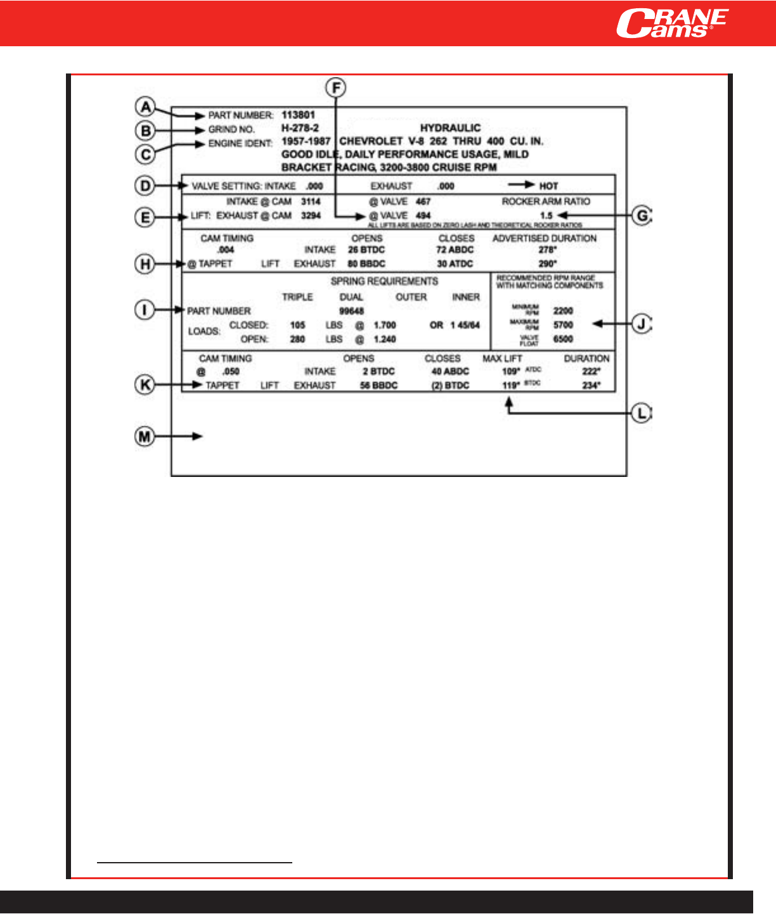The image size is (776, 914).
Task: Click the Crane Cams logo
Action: pos(671,23)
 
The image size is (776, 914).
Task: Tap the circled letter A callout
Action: pos(146,106)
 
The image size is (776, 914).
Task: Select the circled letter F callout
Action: pos(335,87)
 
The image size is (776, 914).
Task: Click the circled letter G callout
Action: pos(642,216)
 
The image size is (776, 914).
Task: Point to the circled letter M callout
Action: pos(145,436)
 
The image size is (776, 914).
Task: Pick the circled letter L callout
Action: pos(642,414)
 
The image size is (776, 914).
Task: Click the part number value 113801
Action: pos(298,115)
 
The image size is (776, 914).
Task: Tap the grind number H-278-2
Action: pos(300,128)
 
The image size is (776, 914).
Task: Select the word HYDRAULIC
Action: pos(450,128)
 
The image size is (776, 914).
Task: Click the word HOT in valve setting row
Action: pos(548,186)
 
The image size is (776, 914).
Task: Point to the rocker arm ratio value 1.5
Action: pos(546,215)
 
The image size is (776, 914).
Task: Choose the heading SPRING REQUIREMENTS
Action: pos(384,281)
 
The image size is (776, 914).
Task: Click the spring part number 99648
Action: pos(351,311)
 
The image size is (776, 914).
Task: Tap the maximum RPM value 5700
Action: pos(563,325)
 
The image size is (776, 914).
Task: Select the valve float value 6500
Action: pos(563,339)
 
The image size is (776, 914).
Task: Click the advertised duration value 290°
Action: pos(547,263)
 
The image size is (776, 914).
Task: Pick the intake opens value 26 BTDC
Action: pos(366,250)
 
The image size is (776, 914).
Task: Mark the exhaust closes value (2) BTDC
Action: pos(450,386)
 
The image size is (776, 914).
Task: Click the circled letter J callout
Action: pos(642,324)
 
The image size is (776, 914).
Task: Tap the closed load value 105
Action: pos(297,325)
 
